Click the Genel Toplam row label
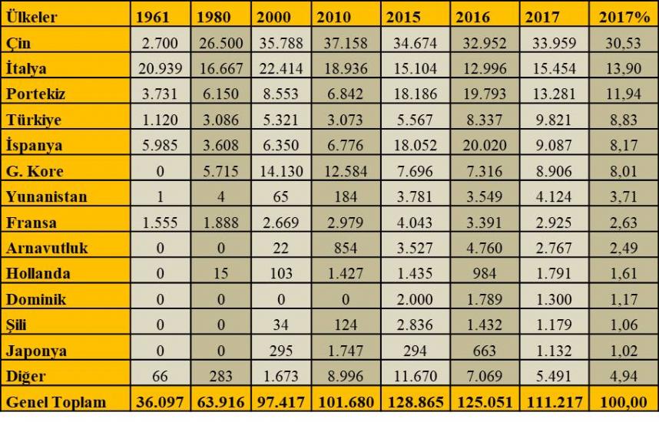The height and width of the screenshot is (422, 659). coord(55,402)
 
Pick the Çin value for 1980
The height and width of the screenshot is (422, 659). coord(220,43)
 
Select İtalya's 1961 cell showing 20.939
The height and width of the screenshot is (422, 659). coord(160,68)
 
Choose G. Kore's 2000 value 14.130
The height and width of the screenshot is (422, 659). coord(281,171)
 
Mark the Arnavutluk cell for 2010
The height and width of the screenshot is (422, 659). coord(345,248)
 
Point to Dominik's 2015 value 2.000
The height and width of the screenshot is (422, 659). coord(415,299)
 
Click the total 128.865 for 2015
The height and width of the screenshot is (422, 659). coord(414,402)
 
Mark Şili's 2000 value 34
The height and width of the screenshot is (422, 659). coord(281,325)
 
